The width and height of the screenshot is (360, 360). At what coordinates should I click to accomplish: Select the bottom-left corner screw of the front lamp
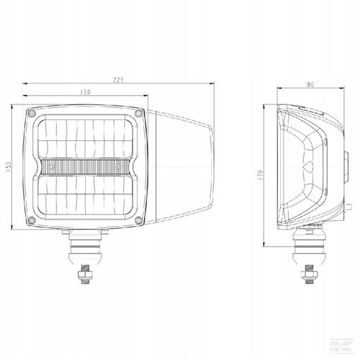[30, 219]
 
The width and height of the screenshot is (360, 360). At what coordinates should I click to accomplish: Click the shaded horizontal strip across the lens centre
[86, 167]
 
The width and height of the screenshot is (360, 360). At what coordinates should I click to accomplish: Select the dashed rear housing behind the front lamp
[184, 167]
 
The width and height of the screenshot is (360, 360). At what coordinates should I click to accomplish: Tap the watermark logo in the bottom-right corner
[348, 348]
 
